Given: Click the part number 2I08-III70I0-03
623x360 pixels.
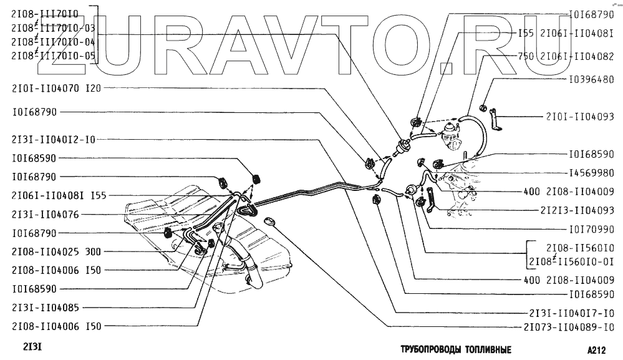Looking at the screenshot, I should point(54,28).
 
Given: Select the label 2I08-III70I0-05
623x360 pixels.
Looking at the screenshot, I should point(54,56).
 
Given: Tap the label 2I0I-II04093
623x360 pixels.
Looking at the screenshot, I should point(581,116).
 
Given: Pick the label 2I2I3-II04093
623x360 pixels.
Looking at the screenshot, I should point(577,210).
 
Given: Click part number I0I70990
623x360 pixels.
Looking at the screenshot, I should point(592,228).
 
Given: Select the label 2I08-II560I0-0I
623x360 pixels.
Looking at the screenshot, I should point(572,260).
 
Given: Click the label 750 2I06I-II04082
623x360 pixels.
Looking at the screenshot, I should point(566,56).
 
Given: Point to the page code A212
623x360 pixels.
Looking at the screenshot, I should point(597,350).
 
